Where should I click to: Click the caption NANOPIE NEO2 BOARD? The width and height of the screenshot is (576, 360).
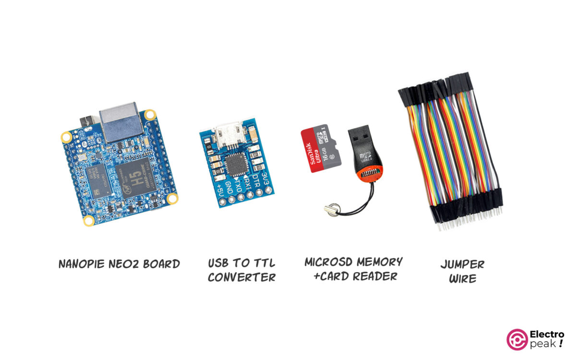[x=119, y=264]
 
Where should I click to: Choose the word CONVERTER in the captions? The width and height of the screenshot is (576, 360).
[x=241, y=277]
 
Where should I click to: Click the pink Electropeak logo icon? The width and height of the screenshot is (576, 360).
[x=516, y=339]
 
